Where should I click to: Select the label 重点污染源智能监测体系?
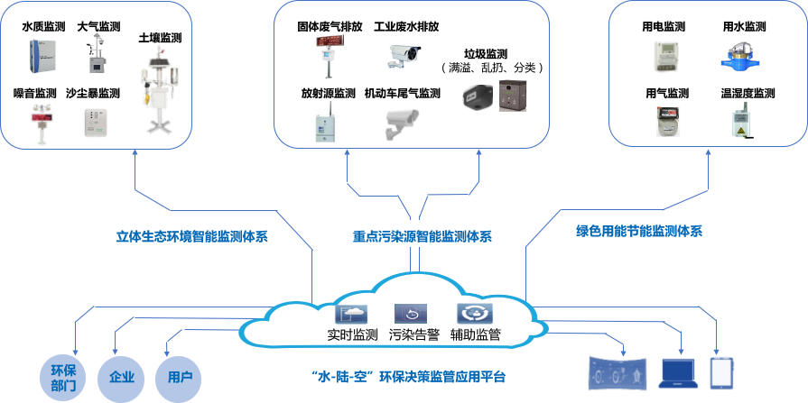422,237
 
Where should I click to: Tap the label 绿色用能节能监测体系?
638,231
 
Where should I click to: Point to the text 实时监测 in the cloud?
352,334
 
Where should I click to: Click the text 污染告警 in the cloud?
414,334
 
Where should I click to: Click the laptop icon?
678,371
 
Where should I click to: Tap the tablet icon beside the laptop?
720,371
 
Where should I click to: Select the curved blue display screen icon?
617,372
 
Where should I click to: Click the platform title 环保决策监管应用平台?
408,376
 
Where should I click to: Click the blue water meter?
738,56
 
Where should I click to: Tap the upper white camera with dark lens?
403,52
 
